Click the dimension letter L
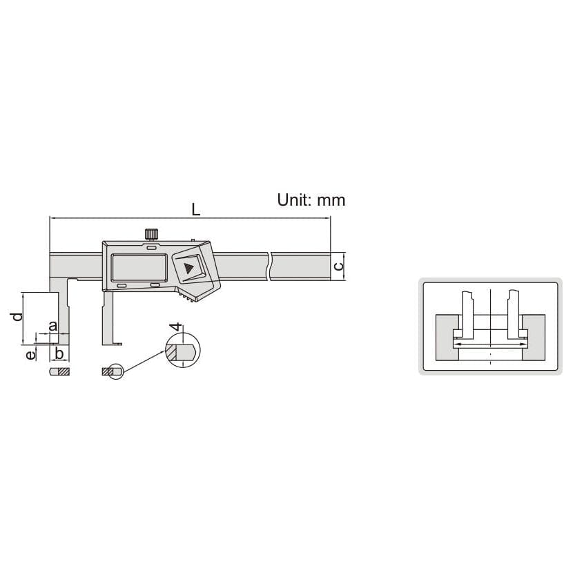(x=196, y=209)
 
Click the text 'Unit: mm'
(x=311, y=200)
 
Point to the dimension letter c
(x=338, y=266)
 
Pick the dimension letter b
(x=59, y=354)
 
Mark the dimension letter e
(x=30, y=354)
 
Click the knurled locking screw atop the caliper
(x=151, y=233)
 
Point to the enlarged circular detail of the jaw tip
(x=181, y=350)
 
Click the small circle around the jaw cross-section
(x=115, y=371)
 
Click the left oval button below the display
(x=122, y=285)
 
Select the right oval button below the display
(x=155, y=284)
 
